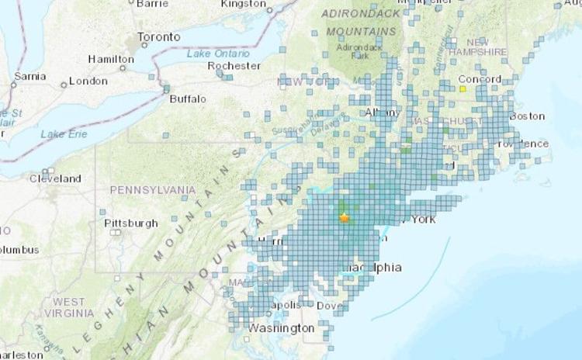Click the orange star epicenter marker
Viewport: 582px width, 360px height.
click(x=345, y=218)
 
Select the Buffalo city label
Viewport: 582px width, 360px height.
click(x=189, y=99)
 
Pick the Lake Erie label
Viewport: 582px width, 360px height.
click(x=64, y=134)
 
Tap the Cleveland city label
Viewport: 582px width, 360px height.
click(x=55, y=178)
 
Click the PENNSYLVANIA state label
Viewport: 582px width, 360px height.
click(x=152, y=189)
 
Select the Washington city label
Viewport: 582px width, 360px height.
click(x=282, y=328)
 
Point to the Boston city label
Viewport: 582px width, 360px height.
click(x=528, y=116)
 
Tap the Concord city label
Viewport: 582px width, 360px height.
click(x=480, y=79)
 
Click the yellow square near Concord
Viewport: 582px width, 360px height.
click(x=462, y=89)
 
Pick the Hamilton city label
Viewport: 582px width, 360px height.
click(x=111, y=59)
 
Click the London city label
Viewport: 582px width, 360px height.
click(x=88, y=81)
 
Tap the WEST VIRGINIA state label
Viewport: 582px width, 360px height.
click(x=69, y=306)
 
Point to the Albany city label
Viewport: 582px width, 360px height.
click(x=383, y=112)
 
